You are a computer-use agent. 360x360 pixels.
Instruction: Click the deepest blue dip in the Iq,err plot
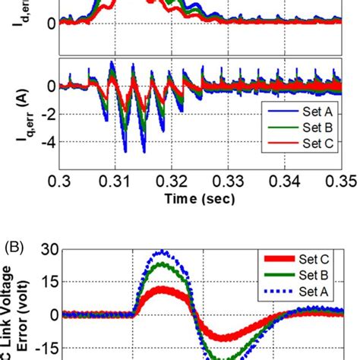tap(144, 150)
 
